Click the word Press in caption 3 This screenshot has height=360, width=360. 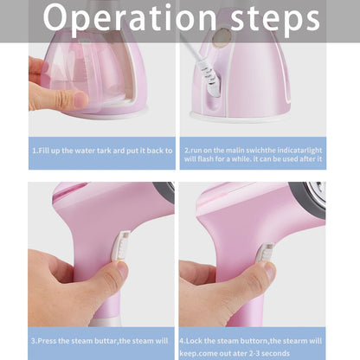coord(55,342)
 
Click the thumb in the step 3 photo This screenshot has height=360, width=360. coord(101,279)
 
